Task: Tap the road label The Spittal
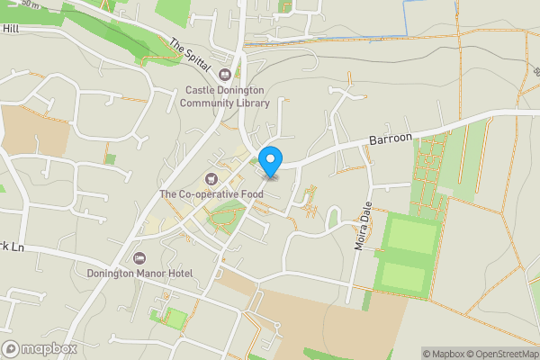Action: [189, 55]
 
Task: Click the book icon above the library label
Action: [226, 75]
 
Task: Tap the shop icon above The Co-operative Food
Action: [211, 178]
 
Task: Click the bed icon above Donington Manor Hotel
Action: [139, 257]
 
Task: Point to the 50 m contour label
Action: [32, 4]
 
